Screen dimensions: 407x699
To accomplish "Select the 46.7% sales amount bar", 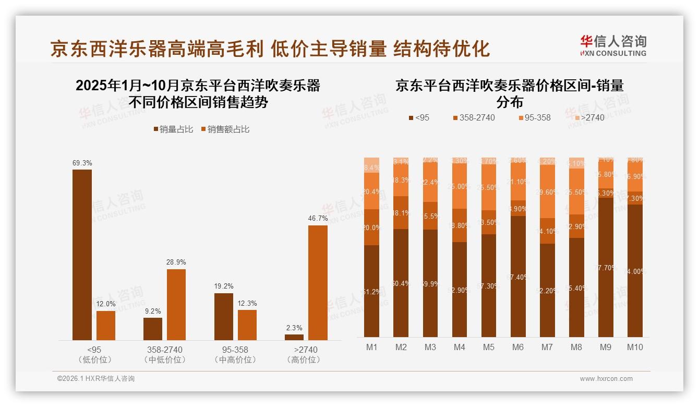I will tap(318, 282).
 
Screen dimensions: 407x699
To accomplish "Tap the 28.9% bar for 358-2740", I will tap(176, 304).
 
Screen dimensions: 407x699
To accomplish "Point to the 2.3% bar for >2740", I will tap(294, 337).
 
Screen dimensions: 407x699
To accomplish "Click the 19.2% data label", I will tap(224, 286).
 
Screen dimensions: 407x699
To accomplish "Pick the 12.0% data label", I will tap(106, 304).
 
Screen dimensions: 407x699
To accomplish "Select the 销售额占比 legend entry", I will tap(225, 129).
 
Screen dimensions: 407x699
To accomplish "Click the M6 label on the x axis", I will tap(518, 347).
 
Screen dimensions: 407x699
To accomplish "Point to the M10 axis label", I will tap(635, 347).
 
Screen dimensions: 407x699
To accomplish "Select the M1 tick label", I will tap(372, 347).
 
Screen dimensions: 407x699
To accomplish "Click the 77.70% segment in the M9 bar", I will tap(606, 267).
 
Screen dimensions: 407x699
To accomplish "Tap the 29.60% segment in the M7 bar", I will tap(547, 191).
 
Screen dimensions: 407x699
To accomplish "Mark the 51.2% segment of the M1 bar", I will tap(372, 291).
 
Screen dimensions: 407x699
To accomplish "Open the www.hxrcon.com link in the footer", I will tap(606, 379).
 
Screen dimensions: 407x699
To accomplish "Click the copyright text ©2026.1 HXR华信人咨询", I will tap(95, 379).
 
